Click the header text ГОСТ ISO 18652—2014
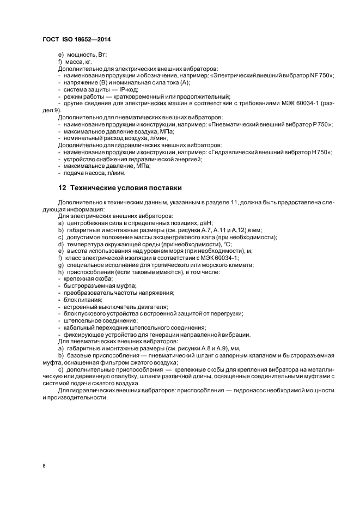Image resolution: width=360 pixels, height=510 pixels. point(77,40)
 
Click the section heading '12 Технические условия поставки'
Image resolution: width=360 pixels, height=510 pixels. point(119,189)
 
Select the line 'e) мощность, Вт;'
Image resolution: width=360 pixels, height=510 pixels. point(82,55)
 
